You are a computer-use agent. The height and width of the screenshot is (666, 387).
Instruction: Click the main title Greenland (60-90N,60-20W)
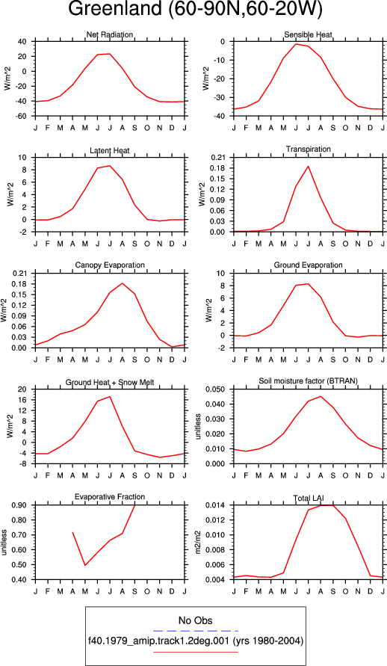coord(195,10)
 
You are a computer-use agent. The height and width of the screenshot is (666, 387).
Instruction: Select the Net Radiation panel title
coord(110,34)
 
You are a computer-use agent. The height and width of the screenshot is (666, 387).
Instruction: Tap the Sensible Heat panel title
coord(309,34)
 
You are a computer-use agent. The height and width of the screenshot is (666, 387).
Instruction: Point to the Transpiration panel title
coord(309,149)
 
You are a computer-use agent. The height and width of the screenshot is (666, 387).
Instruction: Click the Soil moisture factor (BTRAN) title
coord(309,381)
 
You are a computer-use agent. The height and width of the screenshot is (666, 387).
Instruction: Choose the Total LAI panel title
coord(309,498)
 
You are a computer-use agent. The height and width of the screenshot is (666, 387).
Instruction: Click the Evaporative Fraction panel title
coord(110,496)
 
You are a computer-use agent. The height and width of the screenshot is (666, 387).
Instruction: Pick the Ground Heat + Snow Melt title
coord(110,383)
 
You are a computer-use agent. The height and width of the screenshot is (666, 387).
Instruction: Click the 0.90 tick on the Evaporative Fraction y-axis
coord(20,505)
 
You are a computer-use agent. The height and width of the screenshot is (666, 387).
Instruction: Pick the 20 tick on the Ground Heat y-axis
coord(22,389)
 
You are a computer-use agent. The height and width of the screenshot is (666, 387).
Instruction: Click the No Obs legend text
coord(195,620)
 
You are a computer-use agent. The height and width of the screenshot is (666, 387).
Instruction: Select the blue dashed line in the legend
coord(195,631)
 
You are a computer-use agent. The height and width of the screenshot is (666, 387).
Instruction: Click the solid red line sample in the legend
coord(195,652)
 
